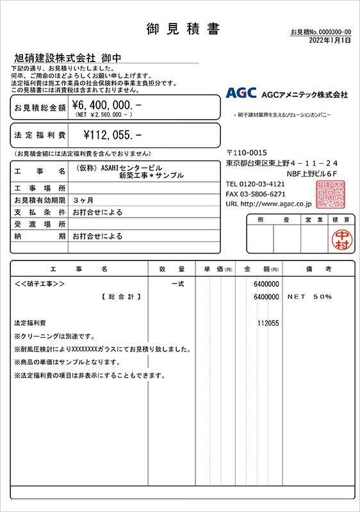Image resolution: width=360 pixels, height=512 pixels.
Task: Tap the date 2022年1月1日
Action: click(330, 40)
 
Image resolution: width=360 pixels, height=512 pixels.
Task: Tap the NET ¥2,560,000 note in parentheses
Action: click(104, 115)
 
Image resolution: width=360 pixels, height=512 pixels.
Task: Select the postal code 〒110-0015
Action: click(247, 153)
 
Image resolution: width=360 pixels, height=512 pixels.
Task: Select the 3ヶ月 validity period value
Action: click(81, 200)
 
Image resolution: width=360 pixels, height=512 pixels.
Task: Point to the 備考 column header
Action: click(317, 268)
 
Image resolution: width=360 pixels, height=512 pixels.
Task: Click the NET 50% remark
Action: click(309, 297)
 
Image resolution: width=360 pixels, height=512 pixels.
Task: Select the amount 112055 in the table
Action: click(268, 324)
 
